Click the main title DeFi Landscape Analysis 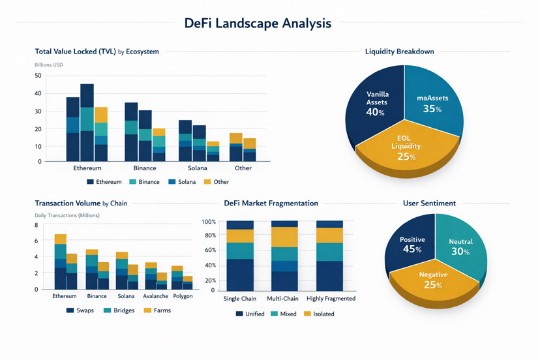point(258,23)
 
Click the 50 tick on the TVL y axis point(37,76)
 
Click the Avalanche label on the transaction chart point(156,296)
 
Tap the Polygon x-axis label point(183,296)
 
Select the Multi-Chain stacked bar point(284,256)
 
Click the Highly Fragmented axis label point(331,299)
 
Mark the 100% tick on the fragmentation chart point(209,222)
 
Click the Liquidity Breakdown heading point(399,52)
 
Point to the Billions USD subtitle point(48,65)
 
